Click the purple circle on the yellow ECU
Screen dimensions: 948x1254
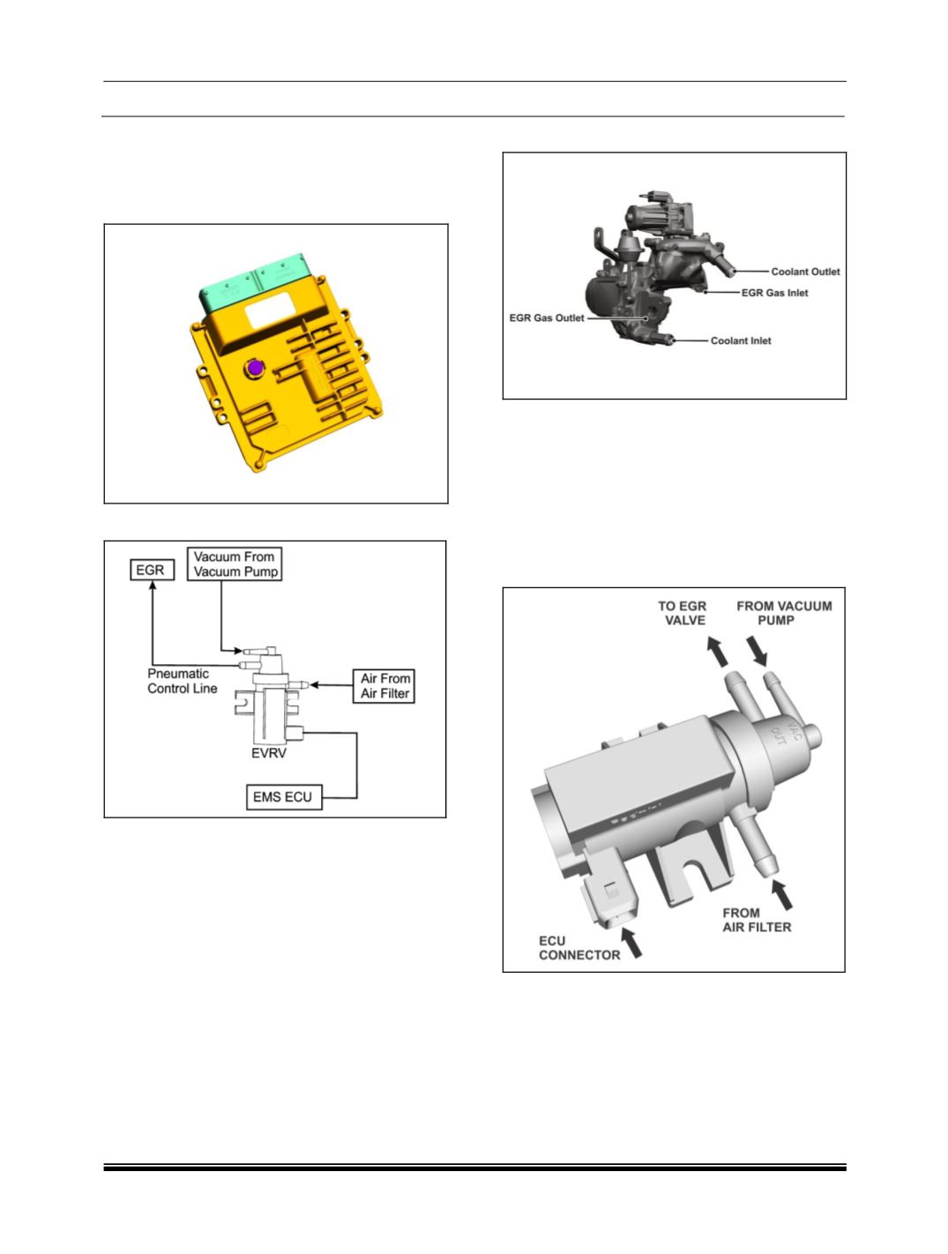[x=254, y=368]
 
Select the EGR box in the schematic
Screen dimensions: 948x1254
[x=152, y=571]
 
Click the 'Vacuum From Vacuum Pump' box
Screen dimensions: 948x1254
[x=235, y=564]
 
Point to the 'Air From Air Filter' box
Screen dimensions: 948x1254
[x=384, y=686]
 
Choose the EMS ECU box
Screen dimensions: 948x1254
[x=284, y=797]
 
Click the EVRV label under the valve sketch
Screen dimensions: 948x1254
[x=268, y=753]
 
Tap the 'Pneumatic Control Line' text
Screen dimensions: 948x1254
[x=183, y=681]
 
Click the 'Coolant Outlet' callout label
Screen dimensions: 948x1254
[x=805, y=272]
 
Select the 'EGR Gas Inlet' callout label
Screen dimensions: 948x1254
[x=774, y=293]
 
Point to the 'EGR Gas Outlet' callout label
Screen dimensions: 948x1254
[x=547, y=317]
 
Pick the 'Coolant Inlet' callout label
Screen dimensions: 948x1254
[x=741, y=341]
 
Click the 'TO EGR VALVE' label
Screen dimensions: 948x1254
[x=683, y=613]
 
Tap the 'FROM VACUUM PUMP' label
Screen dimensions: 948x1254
[x=783, y=613]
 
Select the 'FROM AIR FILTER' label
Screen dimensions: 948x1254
[x=757, y=920]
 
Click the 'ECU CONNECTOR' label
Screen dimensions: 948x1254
[x=579, y=948]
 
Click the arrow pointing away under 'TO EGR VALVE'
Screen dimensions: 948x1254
[x=717, y=652]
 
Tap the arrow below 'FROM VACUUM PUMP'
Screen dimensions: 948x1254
[x=757, y=651]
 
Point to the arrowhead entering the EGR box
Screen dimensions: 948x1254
[x=153, y=585]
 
